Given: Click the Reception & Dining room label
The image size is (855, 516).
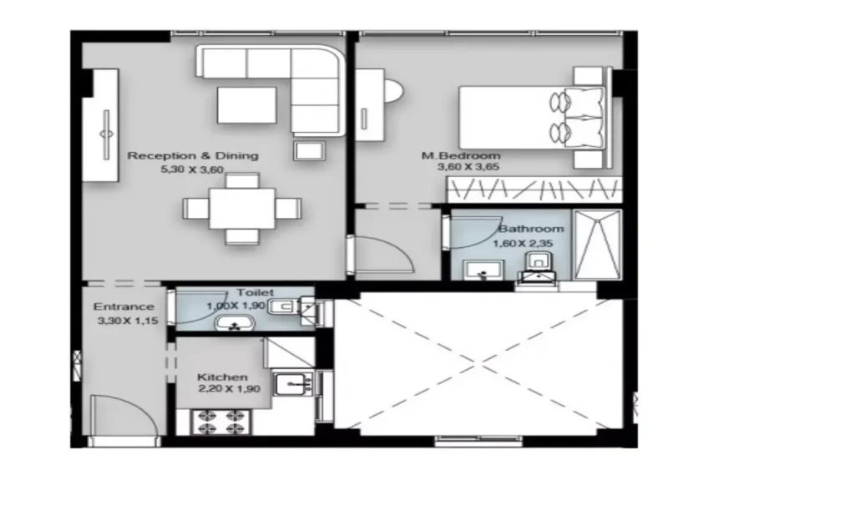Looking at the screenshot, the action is [193, 156].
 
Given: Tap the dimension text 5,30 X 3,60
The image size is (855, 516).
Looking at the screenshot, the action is [192, 169].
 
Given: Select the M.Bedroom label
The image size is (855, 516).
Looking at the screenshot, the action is [461, 156].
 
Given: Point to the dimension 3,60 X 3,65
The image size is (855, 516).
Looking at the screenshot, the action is [468, 167].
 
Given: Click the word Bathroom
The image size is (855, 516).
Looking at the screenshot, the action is [531, 229].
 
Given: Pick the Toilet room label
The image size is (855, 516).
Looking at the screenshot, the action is [255, 293].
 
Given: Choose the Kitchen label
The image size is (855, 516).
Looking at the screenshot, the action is [222, 377].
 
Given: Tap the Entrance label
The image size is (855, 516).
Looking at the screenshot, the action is [124, 307].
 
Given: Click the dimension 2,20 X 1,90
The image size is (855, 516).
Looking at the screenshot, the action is [229, 389].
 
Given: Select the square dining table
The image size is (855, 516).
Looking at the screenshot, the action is [242, 209].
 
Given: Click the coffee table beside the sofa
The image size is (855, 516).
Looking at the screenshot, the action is [246, 104].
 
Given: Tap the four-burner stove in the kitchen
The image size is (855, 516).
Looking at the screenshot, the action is [220, 422].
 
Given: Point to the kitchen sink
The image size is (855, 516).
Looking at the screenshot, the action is [293, 384].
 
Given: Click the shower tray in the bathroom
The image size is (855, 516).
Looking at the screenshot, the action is [598, 245].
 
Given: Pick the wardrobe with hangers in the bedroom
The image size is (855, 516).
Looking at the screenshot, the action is [534, 190].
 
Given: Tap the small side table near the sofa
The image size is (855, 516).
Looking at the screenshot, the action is [310, 150].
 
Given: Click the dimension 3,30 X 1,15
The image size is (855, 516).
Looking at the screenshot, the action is [128, 321].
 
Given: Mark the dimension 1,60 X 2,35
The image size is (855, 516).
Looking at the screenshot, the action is [523, 244].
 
